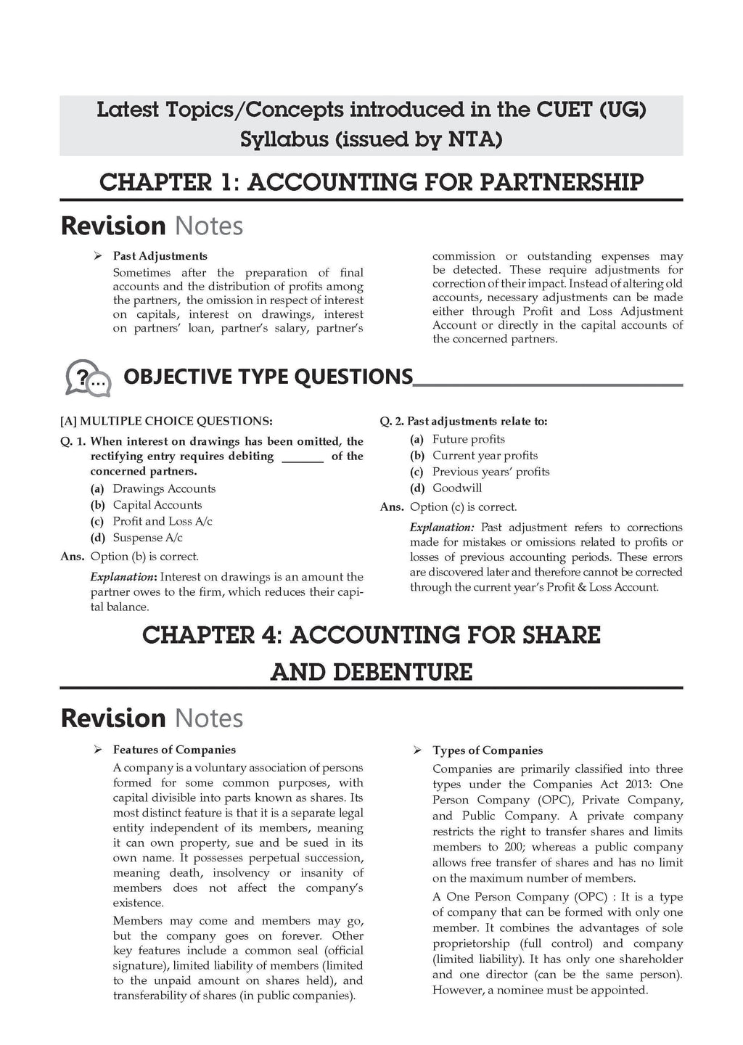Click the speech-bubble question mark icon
click(88, 377)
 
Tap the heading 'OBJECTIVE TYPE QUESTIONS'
click(268, 377)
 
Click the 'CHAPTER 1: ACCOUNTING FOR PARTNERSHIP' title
click(371, 181)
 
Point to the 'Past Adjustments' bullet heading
click(160, 256)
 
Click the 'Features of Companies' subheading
click(174, 750)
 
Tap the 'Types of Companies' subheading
click(488, 750)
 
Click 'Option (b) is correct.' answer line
click(144, 557)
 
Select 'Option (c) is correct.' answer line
click(463, 507)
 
